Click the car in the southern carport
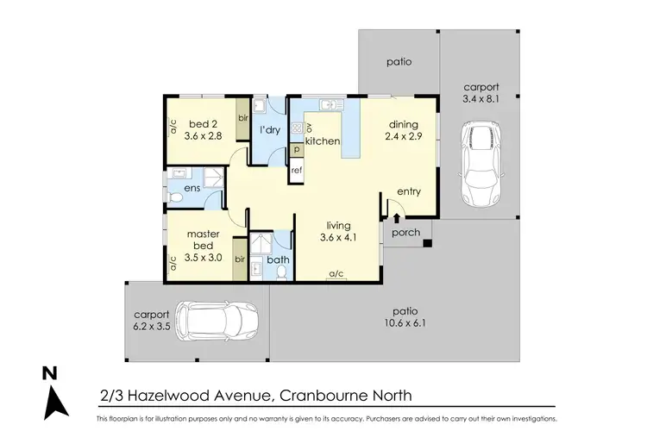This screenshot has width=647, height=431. coord(217,321)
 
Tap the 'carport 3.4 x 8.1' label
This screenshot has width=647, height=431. coord(481,93)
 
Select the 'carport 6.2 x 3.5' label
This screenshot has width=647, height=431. coord(153,321)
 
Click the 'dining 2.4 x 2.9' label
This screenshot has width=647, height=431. coord(402,130)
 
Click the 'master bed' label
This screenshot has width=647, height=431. coord(204,240)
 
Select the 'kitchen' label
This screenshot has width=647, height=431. coord(323,141)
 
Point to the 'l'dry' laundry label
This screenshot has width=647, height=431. coord(270,130)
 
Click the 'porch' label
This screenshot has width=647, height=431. coord(405,232)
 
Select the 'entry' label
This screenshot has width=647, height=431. coord(408,191)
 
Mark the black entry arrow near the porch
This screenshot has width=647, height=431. coord(396,217)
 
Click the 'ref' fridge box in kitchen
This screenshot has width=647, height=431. coord(296,171)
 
